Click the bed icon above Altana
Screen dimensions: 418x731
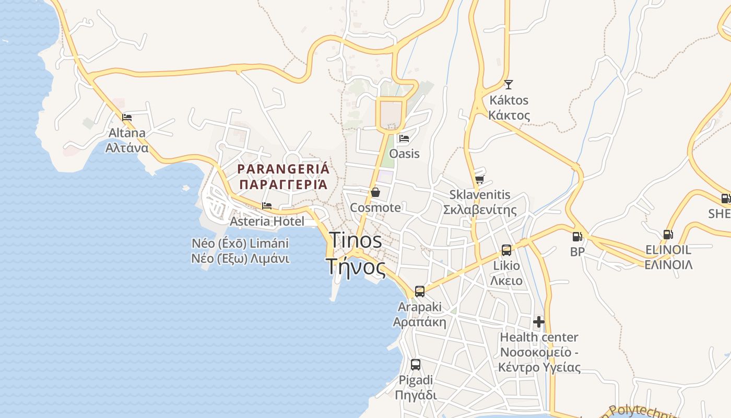click(127, 118)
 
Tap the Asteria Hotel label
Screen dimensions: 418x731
click(267, 222)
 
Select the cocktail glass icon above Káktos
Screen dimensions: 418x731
click(509, 84)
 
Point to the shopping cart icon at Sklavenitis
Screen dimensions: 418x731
click(479, 179)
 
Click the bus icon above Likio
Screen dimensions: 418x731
click(506, 250)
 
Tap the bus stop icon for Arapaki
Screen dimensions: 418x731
click(420, 292)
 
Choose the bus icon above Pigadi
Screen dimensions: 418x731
click(416, 365)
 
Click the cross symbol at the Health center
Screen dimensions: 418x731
click(539, 322)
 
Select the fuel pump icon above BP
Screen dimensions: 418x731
click(577, 237)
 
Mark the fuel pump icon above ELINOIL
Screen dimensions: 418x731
click(668, 235)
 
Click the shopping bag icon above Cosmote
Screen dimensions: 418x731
click(375, 192)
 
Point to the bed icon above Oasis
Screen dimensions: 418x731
click(404, 138)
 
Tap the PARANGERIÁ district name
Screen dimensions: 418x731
click(284, 169)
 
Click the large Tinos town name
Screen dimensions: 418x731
click(356, 240)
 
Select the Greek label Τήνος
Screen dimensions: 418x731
click(357, 267)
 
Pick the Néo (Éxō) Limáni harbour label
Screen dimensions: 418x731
click(240, 243)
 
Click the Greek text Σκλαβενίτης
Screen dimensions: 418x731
click(480, 210)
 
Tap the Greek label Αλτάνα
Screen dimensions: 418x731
click(127, 148)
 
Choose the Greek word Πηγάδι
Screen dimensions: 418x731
click(416, 395)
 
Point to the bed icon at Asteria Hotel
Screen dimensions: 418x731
click(267, 206)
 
